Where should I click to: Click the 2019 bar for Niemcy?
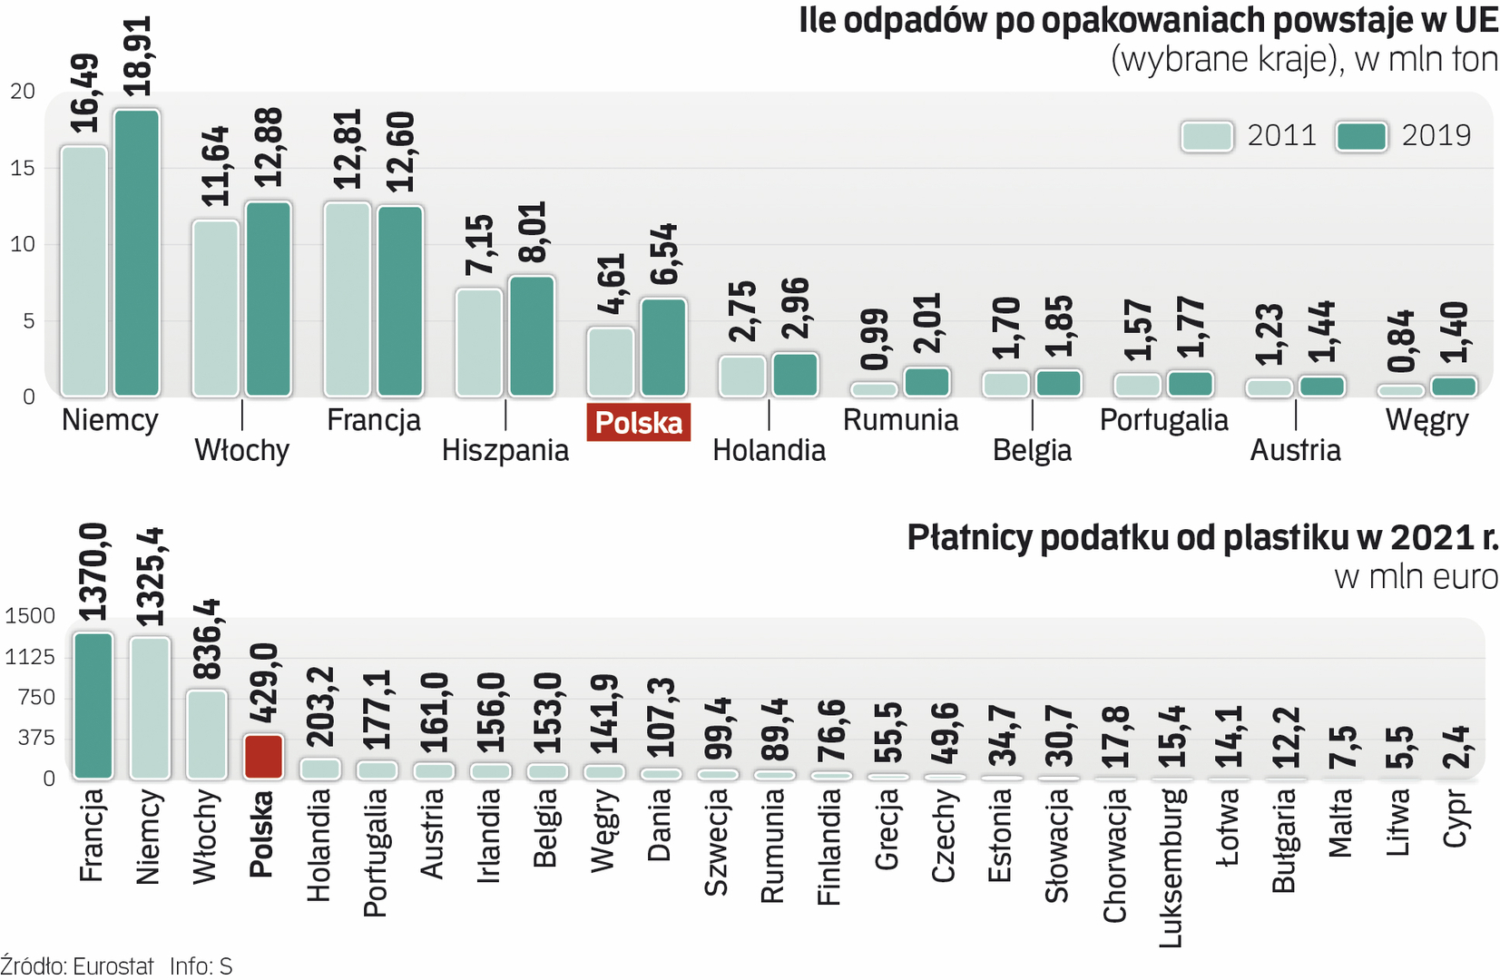tap(136, 253)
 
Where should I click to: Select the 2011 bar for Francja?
tap(348, 299)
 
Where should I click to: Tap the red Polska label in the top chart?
tap(639, 423)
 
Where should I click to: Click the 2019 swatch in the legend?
tap(1361, 136)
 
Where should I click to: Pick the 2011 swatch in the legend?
tap(1207, 136)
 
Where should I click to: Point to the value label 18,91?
tap(137, 56)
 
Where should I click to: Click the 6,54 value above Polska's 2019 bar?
tap(663, 254)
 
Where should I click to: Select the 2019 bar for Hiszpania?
tap(532, 337)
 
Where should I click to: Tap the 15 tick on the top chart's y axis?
tap(23, 168)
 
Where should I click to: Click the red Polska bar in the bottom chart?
tap(263, 757)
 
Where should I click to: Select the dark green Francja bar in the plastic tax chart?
tap(93, 706)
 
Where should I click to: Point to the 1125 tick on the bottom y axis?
tap(30, 656)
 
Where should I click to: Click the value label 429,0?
tap(263, 682)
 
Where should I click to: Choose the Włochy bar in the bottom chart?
tap(207, 734)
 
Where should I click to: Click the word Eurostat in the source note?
tap(113, 966)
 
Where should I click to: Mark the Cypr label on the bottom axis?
tap(1455, 818)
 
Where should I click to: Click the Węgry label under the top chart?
tap(1426, 421)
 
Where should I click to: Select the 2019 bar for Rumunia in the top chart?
tap(926, 382)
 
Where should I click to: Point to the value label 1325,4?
tap(150, 576)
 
